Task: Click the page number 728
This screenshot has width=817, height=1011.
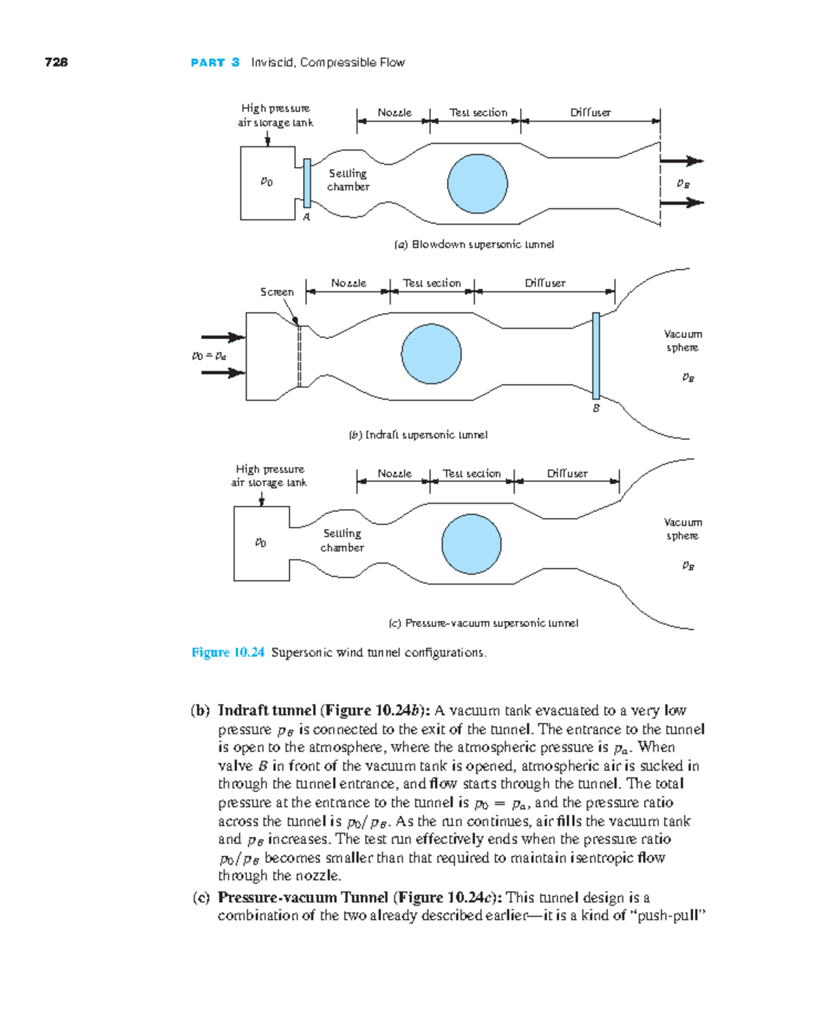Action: point(56,62)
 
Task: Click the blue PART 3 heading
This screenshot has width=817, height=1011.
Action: point(215,63)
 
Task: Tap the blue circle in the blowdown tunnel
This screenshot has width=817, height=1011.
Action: point(477,184)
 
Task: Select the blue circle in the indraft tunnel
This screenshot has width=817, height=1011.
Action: point(431,354)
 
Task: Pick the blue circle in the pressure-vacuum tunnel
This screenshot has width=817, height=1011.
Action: point(471,544)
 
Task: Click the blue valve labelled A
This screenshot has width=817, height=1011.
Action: point(307,182)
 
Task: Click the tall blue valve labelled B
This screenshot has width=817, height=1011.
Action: point(596,355)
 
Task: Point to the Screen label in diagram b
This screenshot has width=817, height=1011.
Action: point(276,292)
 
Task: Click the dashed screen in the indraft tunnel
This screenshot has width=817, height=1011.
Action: point(299,356)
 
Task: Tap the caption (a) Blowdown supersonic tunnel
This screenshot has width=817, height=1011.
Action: point(474,244)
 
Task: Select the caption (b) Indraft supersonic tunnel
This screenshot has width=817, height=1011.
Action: point(418,435)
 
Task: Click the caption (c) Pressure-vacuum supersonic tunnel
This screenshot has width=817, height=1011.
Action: point(483,623)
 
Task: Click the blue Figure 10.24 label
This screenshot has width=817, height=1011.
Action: point(227,652)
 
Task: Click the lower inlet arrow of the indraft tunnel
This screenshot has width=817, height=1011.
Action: point(223,372)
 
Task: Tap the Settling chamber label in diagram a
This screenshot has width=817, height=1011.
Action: point(348,180)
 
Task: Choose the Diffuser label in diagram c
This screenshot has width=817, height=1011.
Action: point(567,473)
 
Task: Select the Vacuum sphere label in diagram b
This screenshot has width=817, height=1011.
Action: point(682,340)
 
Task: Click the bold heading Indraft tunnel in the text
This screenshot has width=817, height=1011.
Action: point(266,710)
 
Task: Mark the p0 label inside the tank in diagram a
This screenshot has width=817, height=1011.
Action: point(266,182)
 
